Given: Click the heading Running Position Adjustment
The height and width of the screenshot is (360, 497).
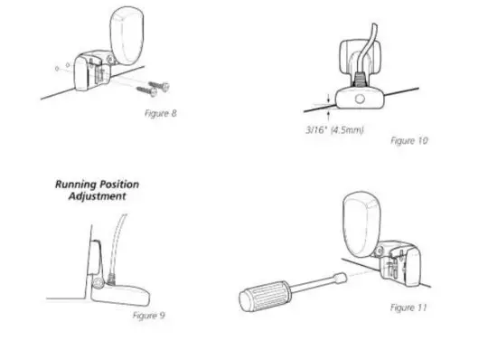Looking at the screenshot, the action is [x=97, y=190].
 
